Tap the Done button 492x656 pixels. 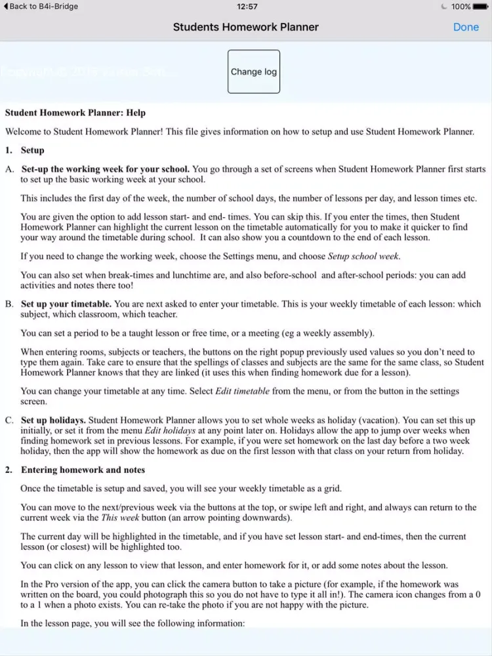tap(466, 27)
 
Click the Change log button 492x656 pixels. tap(253, 72)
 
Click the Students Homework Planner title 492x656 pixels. tap(245, 27)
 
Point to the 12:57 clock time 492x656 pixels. tap(247, 7)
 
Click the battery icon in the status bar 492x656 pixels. tap(481, 7)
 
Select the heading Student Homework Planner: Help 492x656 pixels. tap(75, 113)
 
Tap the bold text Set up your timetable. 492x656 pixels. tap(66, 304)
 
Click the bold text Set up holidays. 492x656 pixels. tap(53, 420)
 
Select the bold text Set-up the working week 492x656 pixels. tap(106, 169)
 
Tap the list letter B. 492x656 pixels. tap(9, 304)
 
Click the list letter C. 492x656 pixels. tap(9, 420)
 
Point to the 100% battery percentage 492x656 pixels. tap(461, 7)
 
